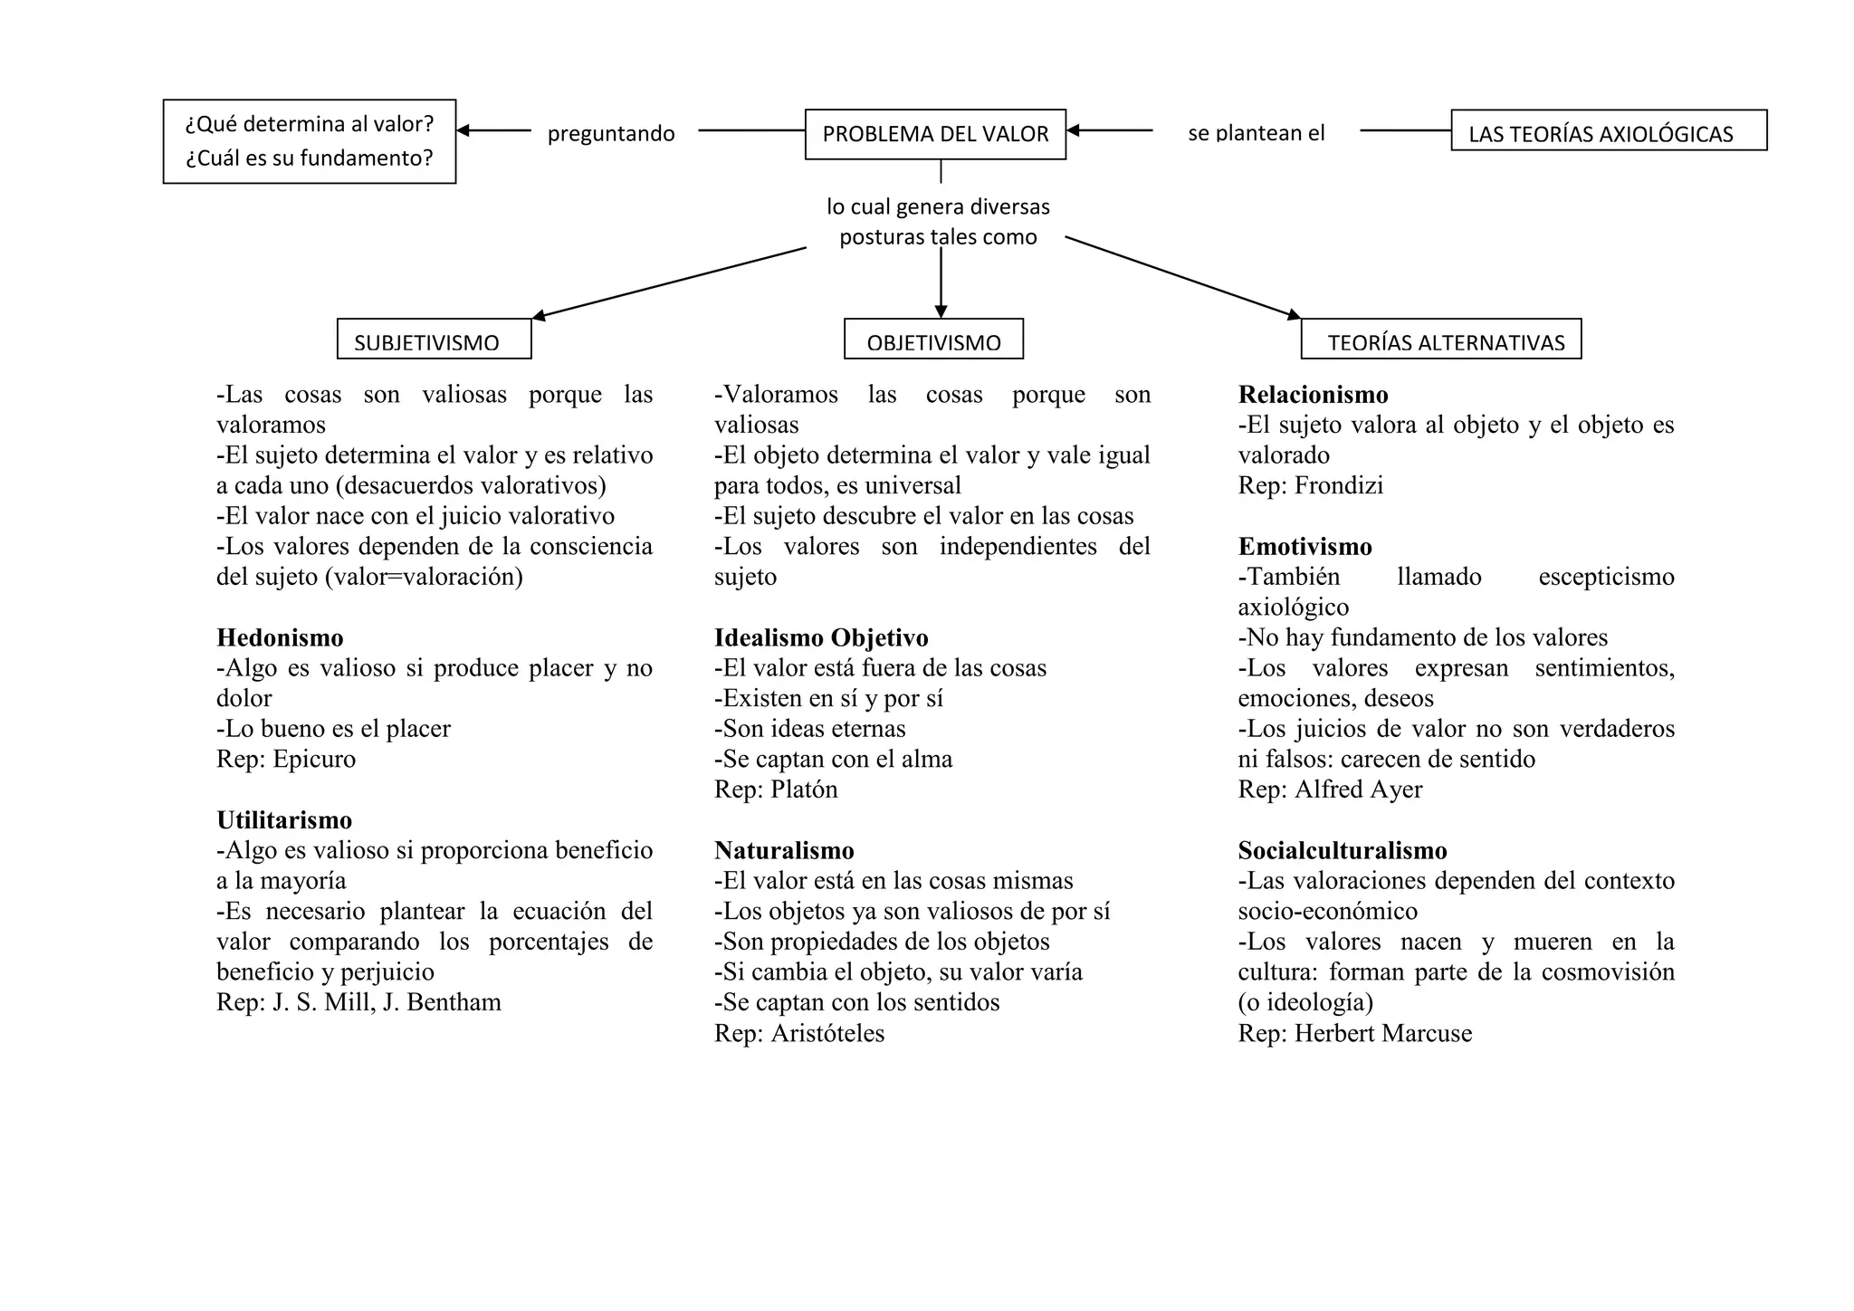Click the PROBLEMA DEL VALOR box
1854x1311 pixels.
935,134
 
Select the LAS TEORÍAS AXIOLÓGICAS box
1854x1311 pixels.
1608,131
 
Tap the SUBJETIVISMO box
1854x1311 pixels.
434,340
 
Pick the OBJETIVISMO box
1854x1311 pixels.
933,340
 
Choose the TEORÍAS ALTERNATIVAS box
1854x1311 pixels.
1440,340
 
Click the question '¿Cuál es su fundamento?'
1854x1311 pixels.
309,158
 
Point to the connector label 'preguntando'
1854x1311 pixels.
611,134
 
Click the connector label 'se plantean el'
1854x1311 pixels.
1256,133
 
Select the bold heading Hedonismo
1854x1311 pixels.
280,637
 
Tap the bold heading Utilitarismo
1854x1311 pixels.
284,819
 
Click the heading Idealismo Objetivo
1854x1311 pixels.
821,637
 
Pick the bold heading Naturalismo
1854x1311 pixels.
784,850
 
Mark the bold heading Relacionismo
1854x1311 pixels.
1313,395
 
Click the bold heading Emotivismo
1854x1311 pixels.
1304,547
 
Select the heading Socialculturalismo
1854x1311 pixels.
1343,850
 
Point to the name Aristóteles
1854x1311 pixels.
827,1033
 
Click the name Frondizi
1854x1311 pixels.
1338,485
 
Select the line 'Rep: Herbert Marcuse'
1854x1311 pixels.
1354,1033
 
